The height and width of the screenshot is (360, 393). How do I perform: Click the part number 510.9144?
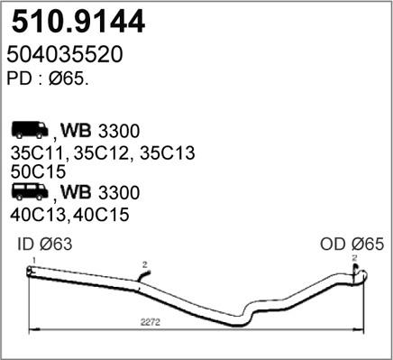pos(69,19)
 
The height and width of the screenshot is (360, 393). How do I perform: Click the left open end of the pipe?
pos(30,272)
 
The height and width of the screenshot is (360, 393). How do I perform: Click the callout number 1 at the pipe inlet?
pos(32,260)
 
